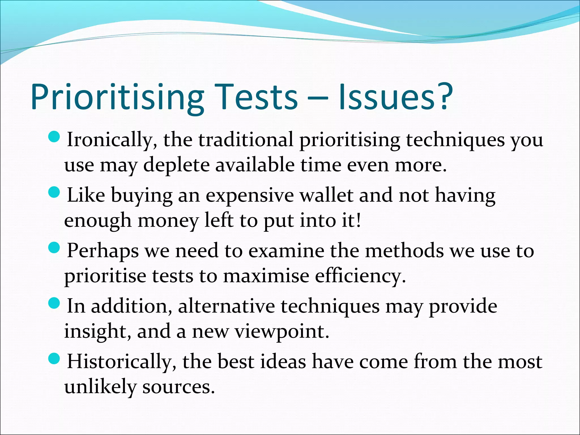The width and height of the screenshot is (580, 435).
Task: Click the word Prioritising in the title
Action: (x=117, y=97)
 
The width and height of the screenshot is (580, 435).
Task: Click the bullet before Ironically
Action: (x=54, y=137)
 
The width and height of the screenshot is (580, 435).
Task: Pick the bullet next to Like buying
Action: (x=54, y=193)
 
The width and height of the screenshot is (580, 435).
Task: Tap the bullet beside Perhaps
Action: (x=54, y=248)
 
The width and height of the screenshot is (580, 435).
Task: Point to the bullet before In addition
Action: (x=54, y=304)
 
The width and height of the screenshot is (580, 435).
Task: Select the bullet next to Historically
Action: (x=54, y=359)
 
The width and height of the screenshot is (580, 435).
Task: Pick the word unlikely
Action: (x=100, y=387)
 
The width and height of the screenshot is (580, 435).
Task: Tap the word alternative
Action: (x=226, y=306)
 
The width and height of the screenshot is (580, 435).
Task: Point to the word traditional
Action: (x=246, y=140)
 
